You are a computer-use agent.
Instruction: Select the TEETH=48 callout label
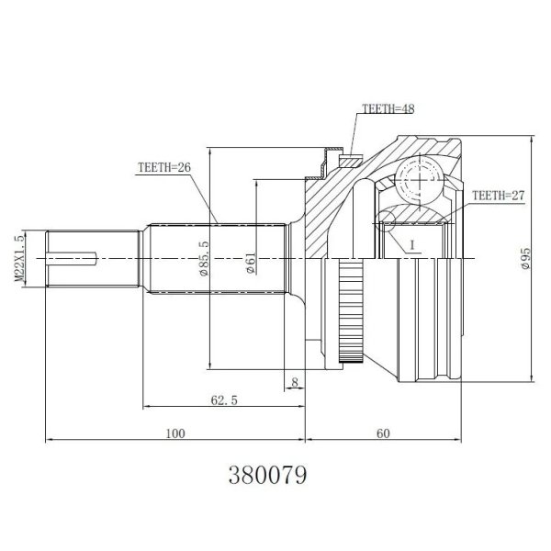coord(388,108)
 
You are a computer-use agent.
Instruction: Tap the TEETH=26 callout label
coord(164,168)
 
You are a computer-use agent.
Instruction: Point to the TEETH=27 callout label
coord(500,196)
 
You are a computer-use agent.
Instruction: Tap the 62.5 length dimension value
coord(218,400)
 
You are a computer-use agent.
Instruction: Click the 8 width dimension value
coord(293,381)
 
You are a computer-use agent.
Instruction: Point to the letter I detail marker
coord(412,244)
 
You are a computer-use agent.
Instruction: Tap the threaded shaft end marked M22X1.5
coord(92,260)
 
